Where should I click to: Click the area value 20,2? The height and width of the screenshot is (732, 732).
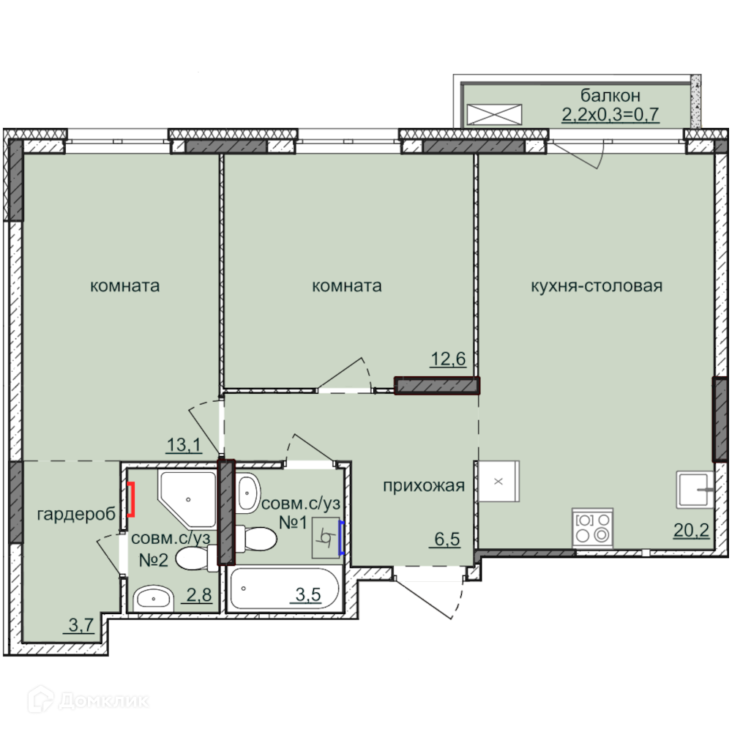pos(691,530)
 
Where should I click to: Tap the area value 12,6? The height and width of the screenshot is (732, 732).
pos(448,359)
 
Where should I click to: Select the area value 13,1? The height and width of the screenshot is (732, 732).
pos(184,445)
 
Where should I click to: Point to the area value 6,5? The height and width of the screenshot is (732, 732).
pos(447,539)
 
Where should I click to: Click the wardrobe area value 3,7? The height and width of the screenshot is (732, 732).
pos(81,624)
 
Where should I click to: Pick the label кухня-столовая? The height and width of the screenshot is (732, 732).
pos(597,285)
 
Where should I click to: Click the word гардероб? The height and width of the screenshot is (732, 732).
pos(76,515)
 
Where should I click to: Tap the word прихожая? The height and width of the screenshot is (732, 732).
pos(424,486)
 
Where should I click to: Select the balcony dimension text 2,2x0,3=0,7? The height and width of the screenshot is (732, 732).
pos(610,114)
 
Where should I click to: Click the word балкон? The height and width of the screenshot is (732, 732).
pos(610,95)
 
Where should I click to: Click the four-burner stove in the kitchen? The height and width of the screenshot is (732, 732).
pos(592,528)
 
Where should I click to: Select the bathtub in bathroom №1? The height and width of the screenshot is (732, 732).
pos(284,589)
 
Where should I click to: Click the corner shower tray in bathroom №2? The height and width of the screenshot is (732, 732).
pos(187,498)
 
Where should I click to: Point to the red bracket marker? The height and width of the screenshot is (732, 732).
pos(131,499)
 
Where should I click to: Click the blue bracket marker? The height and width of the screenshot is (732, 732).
pos(342,538)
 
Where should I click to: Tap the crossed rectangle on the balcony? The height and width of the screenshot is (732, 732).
pos(494,114)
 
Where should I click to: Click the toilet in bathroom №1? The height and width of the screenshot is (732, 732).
pos(255,539)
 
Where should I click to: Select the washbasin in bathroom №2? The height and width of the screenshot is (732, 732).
pos(153,597)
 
